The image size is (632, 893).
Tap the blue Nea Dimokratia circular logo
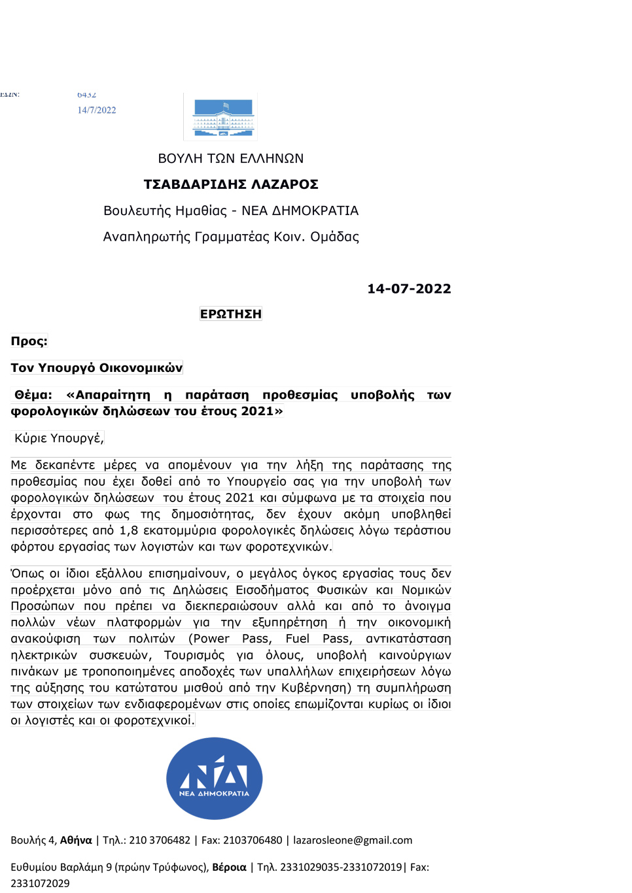215,778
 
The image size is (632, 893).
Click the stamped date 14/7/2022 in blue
97,110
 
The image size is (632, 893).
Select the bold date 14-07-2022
409,288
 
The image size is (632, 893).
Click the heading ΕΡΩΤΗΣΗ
231,314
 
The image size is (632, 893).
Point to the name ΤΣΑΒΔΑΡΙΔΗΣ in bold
195,184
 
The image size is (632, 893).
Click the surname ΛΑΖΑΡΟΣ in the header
285,184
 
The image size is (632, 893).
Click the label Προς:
29,341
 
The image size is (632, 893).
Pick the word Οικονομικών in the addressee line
143,367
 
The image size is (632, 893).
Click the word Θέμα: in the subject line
33,395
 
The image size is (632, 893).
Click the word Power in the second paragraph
211,639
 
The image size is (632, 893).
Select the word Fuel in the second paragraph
298,639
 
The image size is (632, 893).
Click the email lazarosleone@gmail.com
353,840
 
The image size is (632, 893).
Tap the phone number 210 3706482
160,840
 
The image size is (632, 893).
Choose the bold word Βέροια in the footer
229,867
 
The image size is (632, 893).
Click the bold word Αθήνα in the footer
76,840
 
